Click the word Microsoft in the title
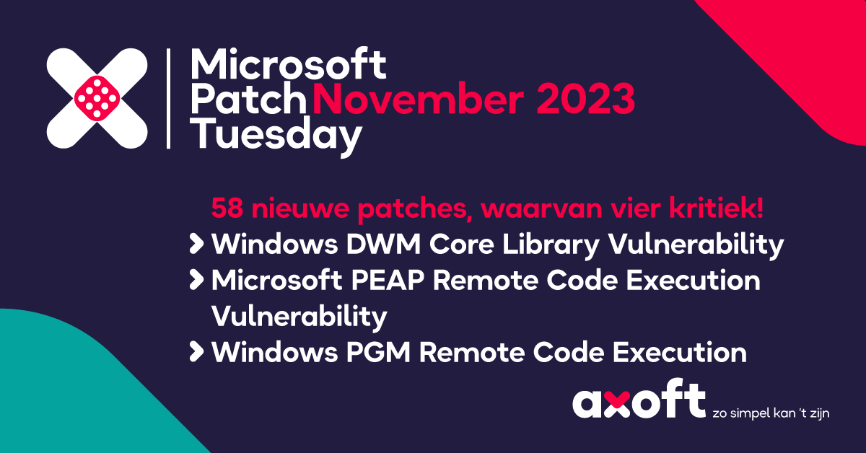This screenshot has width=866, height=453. click(x=288, y=66)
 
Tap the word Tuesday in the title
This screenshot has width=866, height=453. click(x=275, y=135)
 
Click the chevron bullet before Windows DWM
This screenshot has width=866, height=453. click(x=196, y=245)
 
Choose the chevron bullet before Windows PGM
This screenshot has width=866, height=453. click(x=196, y=353)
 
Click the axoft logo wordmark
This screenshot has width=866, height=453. click(x=639, y=402)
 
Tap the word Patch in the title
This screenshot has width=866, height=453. click(x=250, y=100)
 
